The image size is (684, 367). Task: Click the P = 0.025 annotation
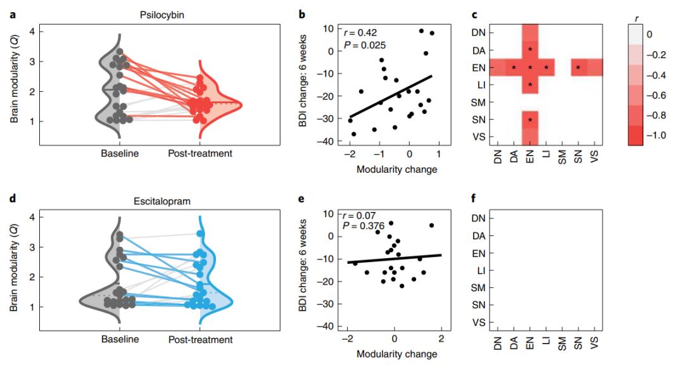[x=364, y=45]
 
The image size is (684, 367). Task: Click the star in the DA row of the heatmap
[x=530, y=49]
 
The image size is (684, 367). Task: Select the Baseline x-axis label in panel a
[x=120, y=154]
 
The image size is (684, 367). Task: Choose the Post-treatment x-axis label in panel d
[x=200, y=340]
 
